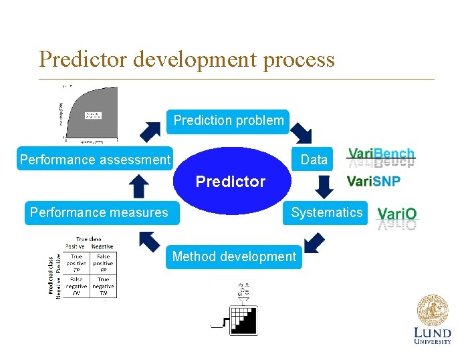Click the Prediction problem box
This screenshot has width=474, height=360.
(228, 121)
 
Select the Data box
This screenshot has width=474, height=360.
(314, 160)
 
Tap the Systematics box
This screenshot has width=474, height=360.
(326, 212)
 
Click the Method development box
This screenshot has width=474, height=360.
(234, 256)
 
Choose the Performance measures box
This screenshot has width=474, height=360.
(99, 212)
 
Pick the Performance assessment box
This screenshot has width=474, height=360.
(95, 160)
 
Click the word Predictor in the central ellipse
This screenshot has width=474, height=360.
(230, 182)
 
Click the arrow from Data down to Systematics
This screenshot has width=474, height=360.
(324, 186)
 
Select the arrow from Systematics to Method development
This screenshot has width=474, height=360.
(312, 242)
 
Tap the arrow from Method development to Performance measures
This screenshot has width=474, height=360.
(150, 241)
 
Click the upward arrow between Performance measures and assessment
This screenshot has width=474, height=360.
(140, 186)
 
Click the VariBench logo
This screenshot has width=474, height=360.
(381, 155)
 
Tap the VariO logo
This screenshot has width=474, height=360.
(397, 214)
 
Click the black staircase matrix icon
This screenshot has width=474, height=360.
(244, 320)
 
